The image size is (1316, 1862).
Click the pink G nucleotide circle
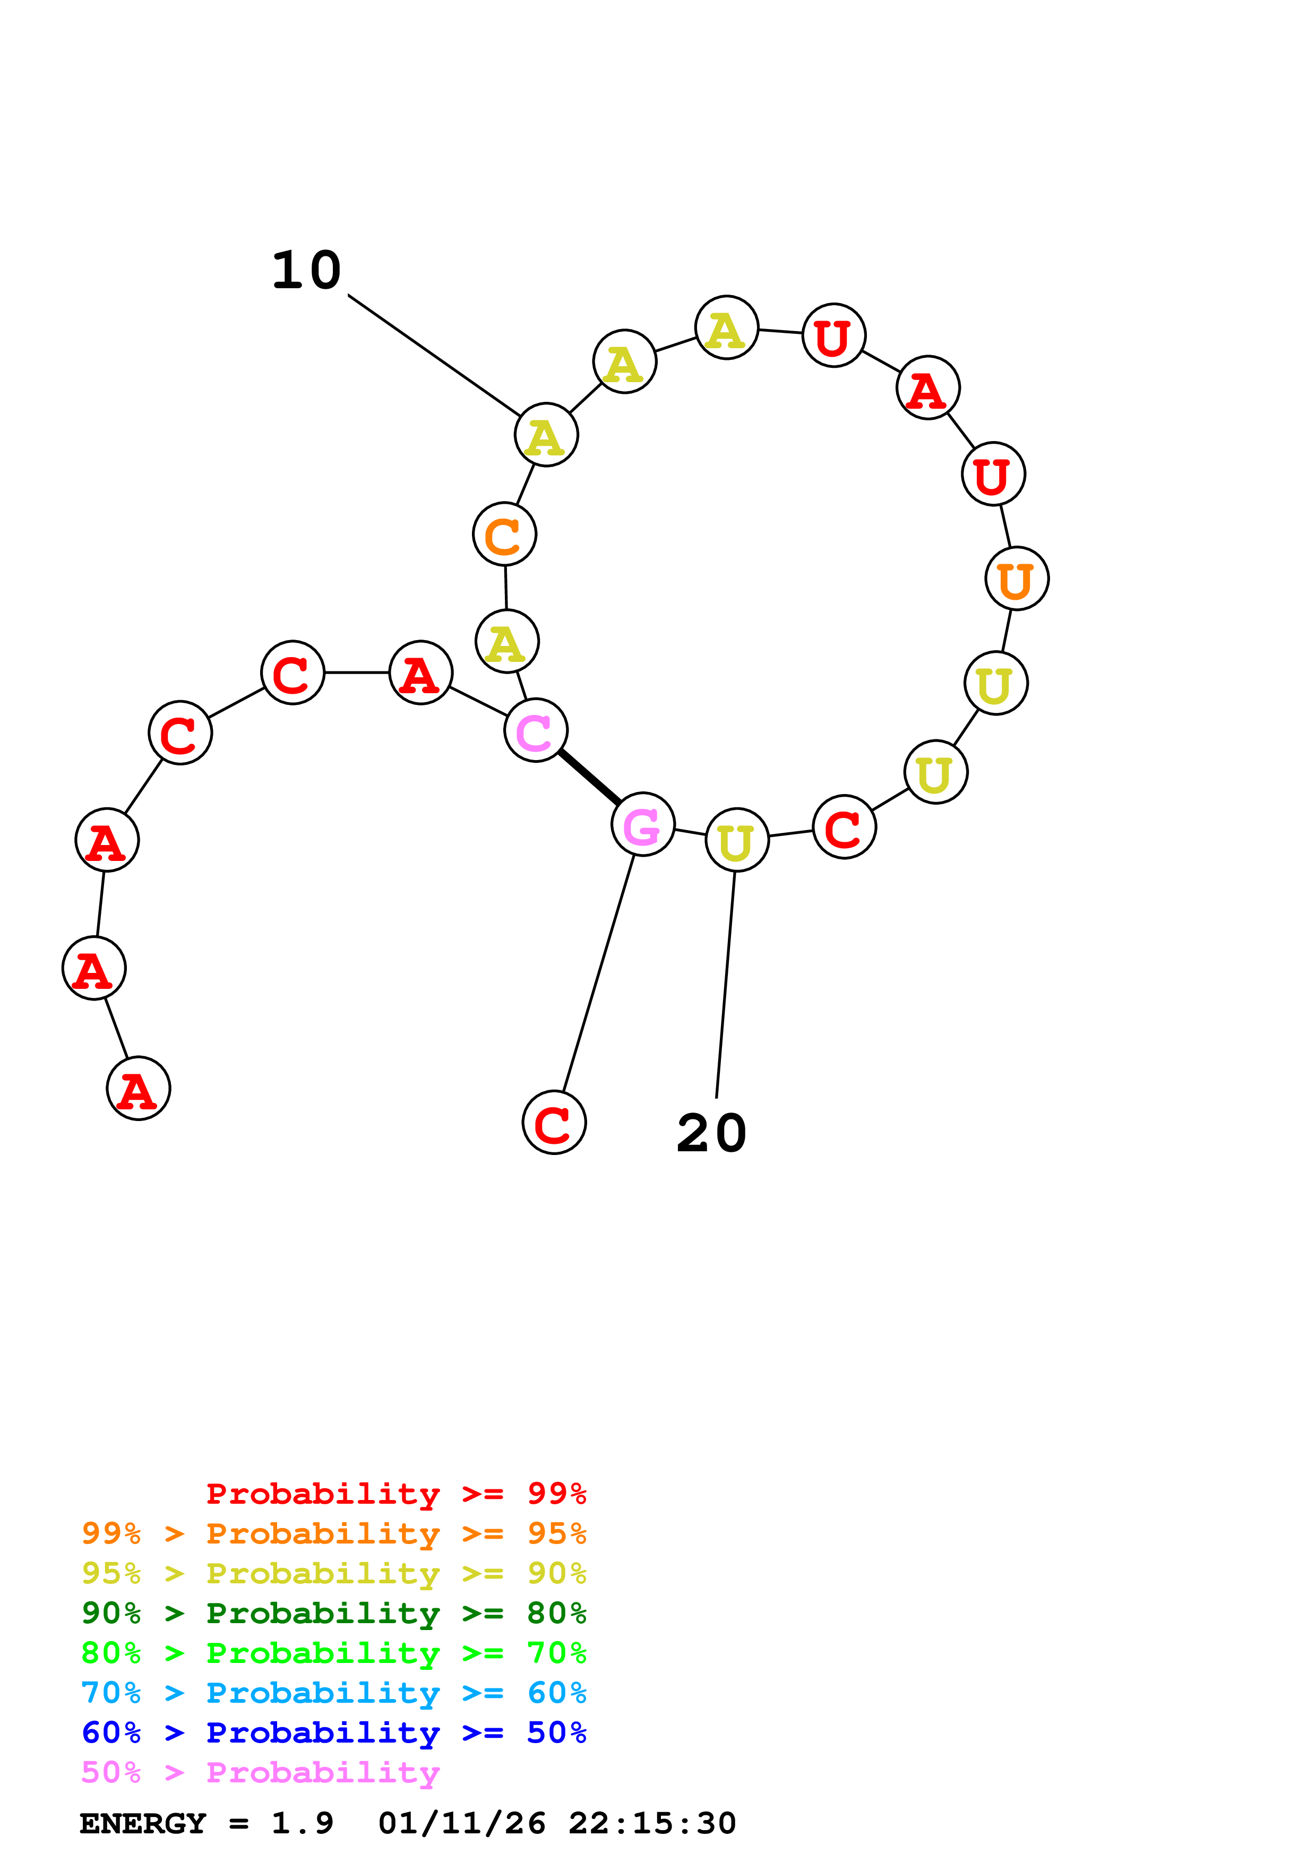pyautogui.click(x=642, y=824)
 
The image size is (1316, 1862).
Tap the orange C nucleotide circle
pyautogui.click(x=504, y=535)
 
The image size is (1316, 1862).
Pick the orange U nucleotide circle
pyautogui.click(x=1017, y=578)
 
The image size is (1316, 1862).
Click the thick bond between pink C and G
pyautogui.click(x=589, y=778)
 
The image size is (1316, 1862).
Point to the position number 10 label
pyautogui.click(x=306, y=270)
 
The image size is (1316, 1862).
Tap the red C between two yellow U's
pyautogui.click(x=844, y=826)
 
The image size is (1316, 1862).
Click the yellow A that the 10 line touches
pyautogui.click(x=546, y=435)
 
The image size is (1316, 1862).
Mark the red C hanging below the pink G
pyautogui.click(x=554, y=1123)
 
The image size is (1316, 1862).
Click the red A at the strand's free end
pyautogui.click(x=138, y=1088)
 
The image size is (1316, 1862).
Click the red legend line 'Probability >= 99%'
pyautogui.click(x=395, y=1493)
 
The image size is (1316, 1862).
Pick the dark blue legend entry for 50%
pyautogui.click(x=334, y=1732)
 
